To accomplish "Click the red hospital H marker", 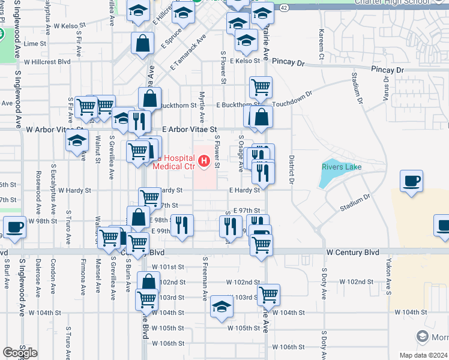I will pyautogui.click(x=204, y=161).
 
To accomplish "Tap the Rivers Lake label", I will pyautogui.click(x=342, y=167).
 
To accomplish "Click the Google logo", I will pyautogui.click(x=20, y=353).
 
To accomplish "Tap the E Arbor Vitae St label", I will pyautogui.click(x=189, y=130).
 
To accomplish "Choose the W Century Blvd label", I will pyautogui.click(x=353, y=253).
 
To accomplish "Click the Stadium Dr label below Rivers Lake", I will pyautogui.click(x=354, y=203).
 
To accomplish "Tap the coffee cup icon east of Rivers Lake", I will pyautogui.click(x=412, y=181).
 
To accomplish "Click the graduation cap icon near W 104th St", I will pyautogui.click(x=221, y=307).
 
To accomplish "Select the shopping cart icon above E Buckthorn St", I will pyautogui.click(x=261, y=87).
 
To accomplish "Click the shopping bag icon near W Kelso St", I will pyautogui.click(x=143, y=44).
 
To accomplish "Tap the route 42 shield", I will pyautogui.click(x=284, y=7).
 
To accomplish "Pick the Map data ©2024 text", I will pyautogui.click(x=423, y=355).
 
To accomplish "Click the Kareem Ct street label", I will pyautogui.click(x=322, y=45).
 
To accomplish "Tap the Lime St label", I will pyautogui.click(x=35, y=44).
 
